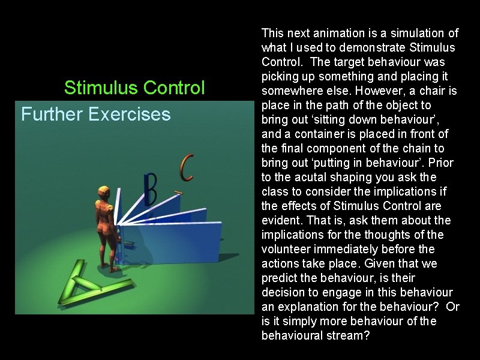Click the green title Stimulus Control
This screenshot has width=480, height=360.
coord(134,88)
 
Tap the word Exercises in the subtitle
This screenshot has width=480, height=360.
coord(130,114)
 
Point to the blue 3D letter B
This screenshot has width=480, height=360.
coord(150,189)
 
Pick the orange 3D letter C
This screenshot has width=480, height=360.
coord(187,167)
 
